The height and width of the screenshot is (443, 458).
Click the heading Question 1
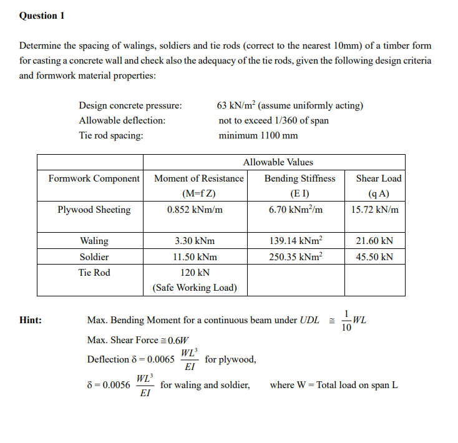pos(42,16)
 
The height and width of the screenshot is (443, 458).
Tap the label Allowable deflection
pos(122,120)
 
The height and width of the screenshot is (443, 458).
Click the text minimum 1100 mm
pos(258,135)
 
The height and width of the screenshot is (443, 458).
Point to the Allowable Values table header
pos(278,162)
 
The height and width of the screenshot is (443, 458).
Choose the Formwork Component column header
pos(94,178)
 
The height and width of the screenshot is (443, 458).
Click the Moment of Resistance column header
pos(198,178)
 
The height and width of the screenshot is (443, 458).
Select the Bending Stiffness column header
pos(300,178)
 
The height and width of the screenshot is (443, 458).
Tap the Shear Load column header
pos(378,178)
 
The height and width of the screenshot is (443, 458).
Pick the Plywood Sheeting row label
pos(94,210)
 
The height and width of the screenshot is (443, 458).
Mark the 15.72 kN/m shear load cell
pos(374,210)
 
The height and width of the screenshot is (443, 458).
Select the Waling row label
pos(94,241)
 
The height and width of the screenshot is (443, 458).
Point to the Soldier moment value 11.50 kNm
pos(195,257)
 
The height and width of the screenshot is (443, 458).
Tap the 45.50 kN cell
pos(374,257)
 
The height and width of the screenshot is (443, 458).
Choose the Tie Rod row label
pos(94,273)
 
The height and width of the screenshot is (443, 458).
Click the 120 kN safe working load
pos(195,273)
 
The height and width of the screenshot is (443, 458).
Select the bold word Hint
pos(31,320)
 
